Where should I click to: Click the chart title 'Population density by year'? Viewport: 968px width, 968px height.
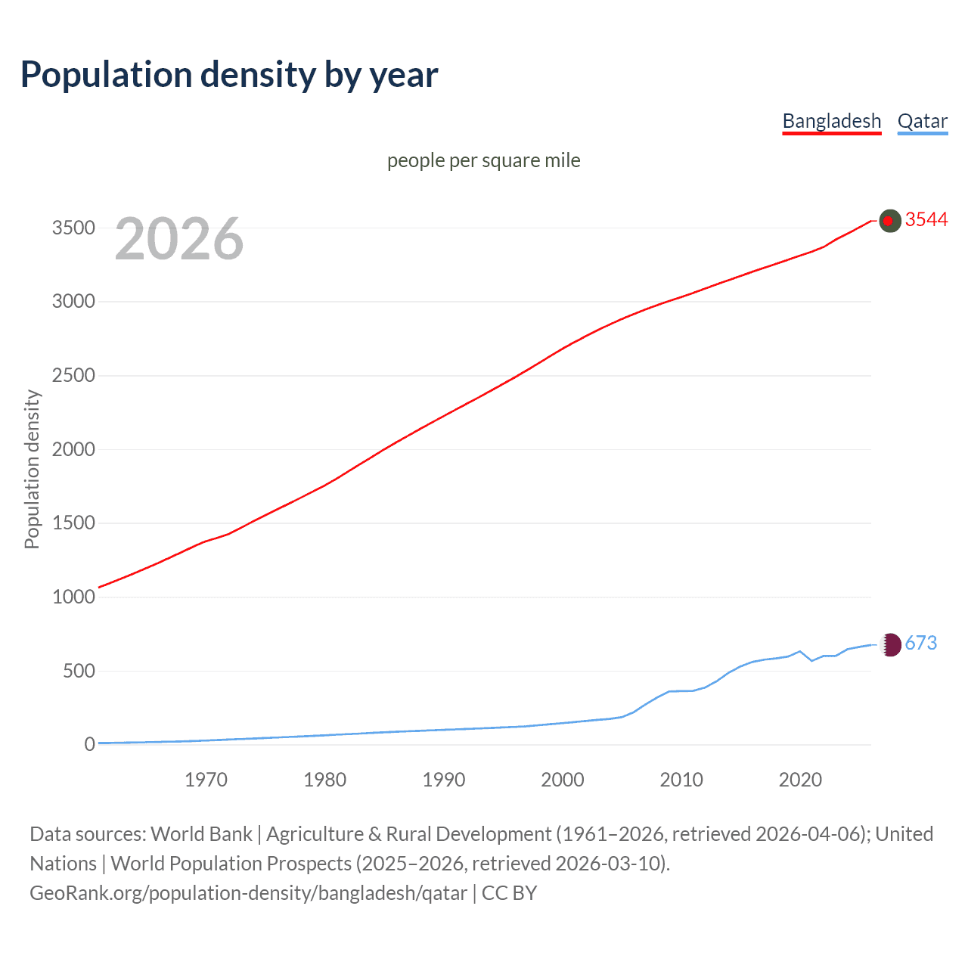pyautogui.click(x=229, y=75)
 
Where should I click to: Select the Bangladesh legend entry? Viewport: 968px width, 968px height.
pyautogui.click(x=831, y=121)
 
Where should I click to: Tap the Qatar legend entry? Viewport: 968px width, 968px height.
pyautogui.click(x=922, y=121)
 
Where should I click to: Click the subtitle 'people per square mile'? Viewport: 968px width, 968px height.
pyautogui.click(x=483, y=160)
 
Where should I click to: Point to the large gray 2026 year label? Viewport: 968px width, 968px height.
pyautogui.click(x=179, y=239)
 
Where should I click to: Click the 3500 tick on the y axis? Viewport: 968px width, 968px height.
pyautogui.click(x=73, y=228)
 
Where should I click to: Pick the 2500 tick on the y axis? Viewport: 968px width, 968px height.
pyautogui.click(x=73, y=375)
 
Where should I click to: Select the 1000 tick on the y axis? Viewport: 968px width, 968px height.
pyautogui.click(x=73, y=597)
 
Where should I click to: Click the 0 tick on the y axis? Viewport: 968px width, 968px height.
pyautogui.click(x=89, y=744)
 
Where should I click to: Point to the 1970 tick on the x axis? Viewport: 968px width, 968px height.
pyautogui.click(x=206, y=780)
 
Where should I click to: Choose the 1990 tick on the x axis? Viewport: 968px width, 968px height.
pyautogui.click(x=444, y=780)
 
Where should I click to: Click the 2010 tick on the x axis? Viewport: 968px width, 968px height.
pyautogui.click(x=681, y=780)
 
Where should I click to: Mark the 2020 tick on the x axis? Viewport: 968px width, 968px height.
pyautogui.click(x=800, y=780)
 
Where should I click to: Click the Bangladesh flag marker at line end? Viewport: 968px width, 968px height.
pyautogui.click(x=890, y=221)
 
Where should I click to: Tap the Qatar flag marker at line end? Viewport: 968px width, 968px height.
pyautogui.click(x=890, y=644)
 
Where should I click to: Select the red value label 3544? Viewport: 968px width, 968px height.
pyautogui.click(x=926, y=219)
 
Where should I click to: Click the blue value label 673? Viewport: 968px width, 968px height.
pyautogui.click(x=920, y=643)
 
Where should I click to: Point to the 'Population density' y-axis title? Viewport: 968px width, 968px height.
pyautogui.click(x=32, y=469)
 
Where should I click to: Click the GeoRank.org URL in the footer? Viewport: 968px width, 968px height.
pyautogui.click(x=248, y=893)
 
